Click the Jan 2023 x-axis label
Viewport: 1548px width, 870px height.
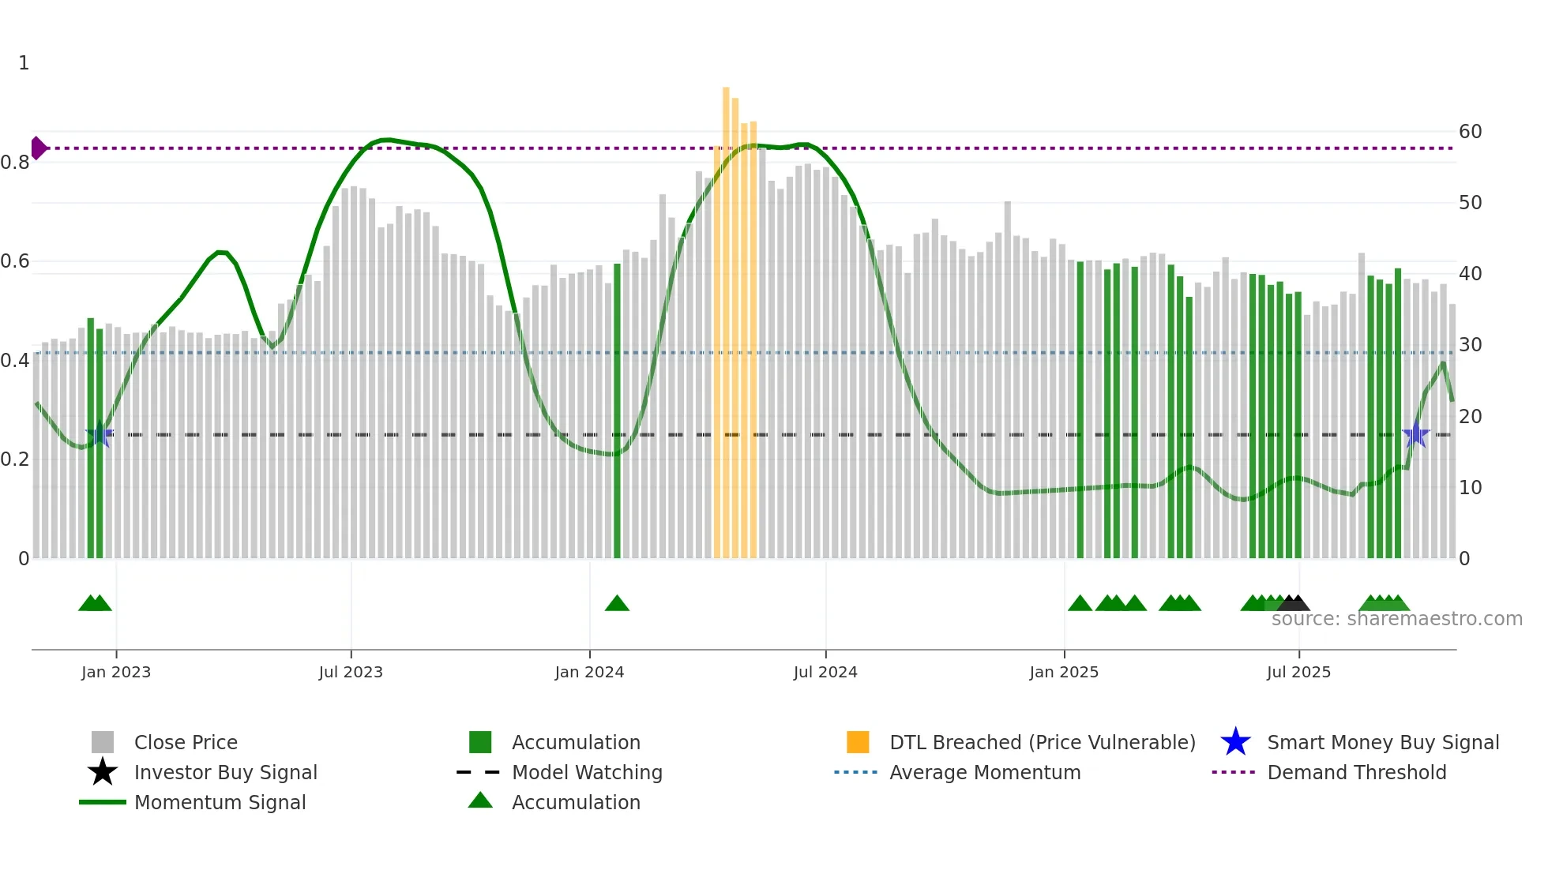[x=116, y=673]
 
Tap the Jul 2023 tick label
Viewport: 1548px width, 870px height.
[x=351, y=673]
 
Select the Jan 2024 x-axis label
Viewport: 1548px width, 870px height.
[x=589, y=673]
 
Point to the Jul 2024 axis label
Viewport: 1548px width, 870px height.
[x=825, y=673]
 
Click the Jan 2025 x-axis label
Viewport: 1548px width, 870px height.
[x=1064, y=673]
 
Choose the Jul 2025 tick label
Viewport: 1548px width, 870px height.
[x=1298, y=673]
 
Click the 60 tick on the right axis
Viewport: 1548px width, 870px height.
[x=1470, y=132]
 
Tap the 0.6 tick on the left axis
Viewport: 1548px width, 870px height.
[x=15, y=261]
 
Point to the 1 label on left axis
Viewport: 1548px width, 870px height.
[x=24, y=63]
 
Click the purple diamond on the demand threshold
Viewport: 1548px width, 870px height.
[x=38, y=148]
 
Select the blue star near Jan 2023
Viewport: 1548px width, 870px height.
[x=100, y=435]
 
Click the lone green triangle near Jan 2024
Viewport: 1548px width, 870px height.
[x=617, y=604]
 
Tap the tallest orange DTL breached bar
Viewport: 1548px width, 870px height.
[x=726, y=316]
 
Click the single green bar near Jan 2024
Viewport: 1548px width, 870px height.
[x=617, y=411]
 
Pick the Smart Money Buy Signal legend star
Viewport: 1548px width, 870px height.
[x=1235, y=742]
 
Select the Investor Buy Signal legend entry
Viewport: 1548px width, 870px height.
[x=225, y=772]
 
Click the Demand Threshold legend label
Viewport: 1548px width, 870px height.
[x=1356, y=772]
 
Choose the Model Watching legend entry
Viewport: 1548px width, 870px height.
[x=587, y=772]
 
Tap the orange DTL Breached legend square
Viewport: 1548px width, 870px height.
[x=858, y=742]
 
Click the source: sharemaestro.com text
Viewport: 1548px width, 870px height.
[x=1396, y=619]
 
